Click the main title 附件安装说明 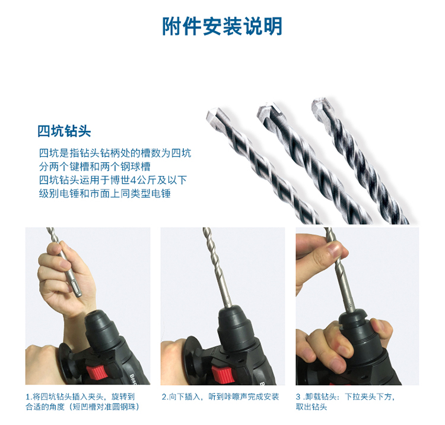click(x=223, y=26)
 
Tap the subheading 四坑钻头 click(x=64, y=131)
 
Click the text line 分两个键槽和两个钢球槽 click(x=95, y=166)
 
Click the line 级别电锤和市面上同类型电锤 click(x=104, y=194)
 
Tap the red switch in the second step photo click(x=223, y=374)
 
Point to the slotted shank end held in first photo click(x=76, y=288)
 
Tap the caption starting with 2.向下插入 click(x=221, y=396)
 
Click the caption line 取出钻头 click(x=311, y=407)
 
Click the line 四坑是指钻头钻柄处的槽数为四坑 click(x=115, y=153)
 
